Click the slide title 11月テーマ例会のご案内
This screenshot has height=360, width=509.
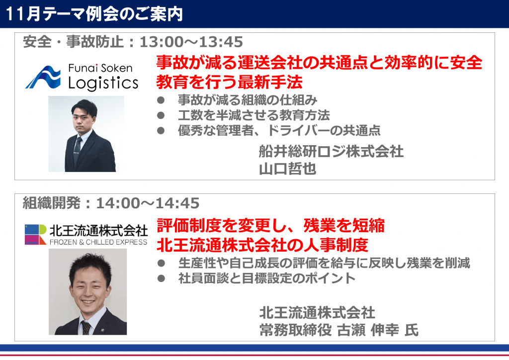tap(94, 14)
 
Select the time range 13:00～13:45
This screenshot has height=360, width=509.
tap(191, 42)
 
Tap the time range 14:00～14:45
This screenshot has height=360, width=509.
tap(148, 203)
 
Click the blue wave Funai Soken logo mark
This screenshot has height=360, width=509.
tap(43, 77)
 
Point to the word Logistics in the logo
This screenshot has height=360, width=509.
tap(103, 83)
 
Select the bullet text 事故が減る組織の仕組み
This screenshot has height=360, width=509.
tap(248, 100)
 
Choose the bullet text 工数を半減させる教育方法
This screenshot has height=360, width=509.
tap(254, 115)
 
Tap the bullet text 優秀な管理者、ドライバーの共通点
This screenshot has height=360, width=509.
tap(279, 130)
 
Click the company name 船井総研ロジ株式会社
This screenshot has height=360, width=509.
tap(331, 152)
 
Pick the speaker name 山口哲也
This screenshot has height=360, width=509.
tap(288, 169)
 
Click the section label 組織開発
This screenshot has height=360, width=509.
tap(51, 203)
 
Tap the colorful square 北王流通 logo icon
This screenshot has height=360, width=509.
tap(36, 234)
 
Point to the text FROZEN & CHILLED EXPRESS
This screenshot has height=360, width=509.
tap(98, 242)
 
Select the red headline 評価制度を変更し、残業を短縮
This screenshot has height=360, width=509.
tap(270, 226)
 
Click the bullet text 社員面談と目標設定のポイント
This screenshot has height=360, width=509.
tap(267, 278)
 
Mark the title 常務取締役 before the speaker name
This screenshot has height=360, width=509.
tap(295, 330)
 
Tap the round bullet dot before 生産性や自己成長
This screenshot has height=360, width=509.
tap(161, 263)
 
